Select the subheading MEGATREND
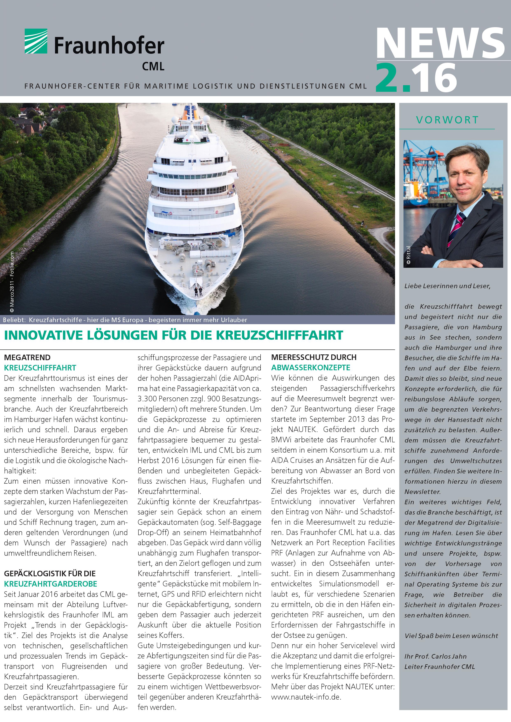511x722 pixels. (x=27, y=358)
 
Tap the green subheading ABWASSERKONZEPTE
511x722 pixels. (x=311, y=368)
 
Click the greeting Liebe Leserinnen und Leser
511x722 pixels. (x=447, y=286)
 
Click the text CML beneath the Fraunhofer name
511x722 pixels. (x=153, y=66)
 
